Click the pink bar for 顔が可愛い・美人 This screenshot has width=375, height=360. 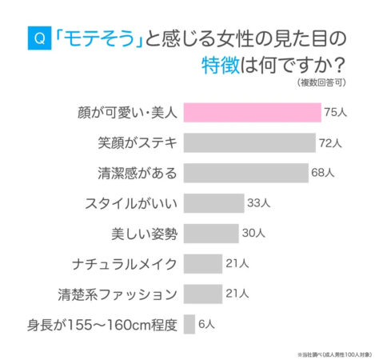252,113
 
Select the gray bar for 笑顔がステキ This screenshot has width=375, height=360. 249,143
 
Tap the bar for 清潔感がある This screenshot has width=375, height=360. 245,173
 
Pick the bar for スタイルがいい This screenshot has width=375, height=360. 213,203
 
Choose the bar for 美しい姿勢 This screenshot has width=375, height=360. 210,233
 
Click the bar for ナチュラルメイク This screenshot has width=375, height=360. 202,263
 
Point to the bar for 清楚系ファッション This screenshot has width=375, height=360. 202,293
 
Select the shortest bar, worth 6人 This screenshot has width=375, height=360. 189,323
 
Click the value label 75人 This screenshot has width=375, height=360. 335,113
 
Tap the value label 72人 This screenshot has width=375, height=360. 330,143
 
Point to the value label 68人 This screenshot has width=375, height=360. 323,173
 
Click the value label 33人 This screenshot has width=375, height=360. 258,203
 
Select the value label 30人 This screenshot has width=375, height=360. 253,233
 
